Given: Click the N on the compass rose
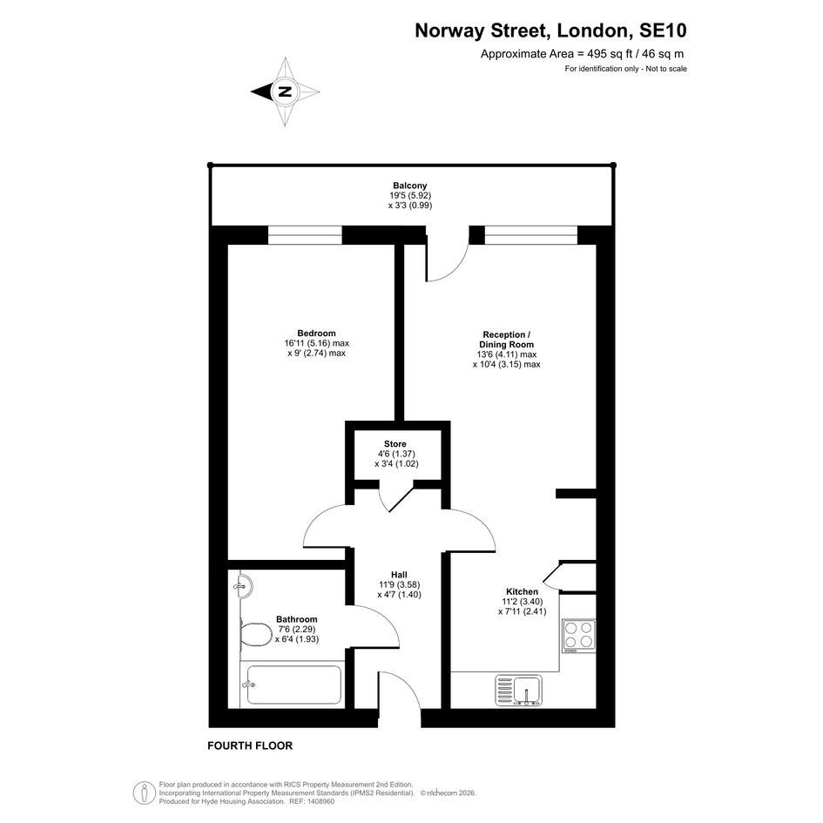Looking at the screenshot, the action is [x=285, y=91].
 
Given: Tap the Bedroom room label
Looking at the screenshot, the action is [x=316, y=334].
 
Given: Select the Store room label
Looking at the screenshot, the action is [x=395, y=444].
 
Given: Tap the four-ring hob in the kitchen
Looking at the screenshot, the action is [x=579, y=636].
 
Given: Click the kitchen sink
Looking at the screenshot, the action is [x=519, y=691].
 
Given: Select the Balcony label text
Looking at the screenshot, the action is [x=410, y=186].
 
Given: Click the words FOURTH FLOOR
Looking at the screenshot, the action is [x=250, y=745].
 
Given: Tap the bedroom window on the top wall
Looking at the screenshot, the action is [x=305, y=235].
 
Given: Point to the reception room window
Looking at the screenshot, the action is [x=531, y=235].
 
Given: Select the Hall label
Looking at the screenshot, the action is [x=399, y=575].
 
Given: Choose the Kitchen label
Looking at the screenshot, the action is [x=523, y=591].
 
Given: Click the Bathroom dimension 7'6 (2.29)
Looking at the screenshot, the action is [x=297, y=630].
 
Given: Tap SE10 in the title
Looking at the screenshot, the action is [x=663, y=31].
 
